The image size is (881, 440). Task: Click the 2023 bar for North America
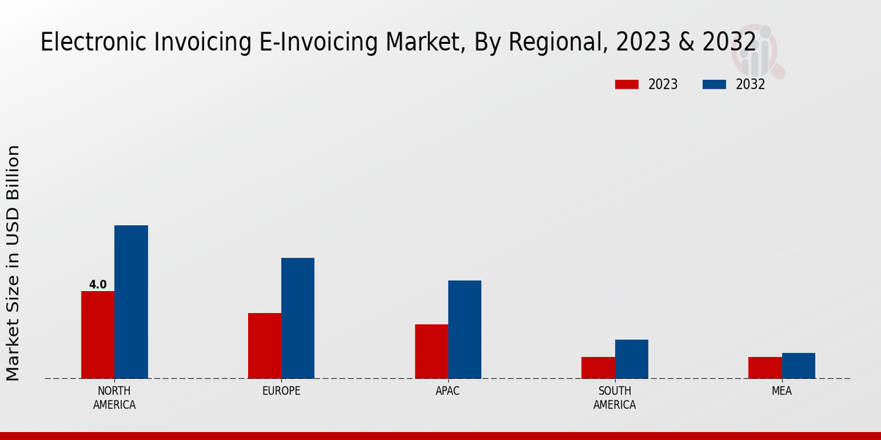pyautogui.click(x=98, y=334)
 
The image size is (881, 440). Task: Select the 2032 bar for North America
pyautogui.click(x=131, y=301)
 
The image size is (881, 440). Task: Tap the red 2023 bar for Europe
pyautogui.click(x=264, y=345)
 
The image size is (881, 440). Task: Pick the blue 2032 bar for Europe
pyautogui.click(x=297, y=318)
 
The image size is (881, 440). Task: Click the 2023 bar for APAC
pyautogui.click(x=431, y=351)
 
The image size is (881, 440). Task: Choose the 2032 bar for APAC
pyautogui.click(x=465, y=329)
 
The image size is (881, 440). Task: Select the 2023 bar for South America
pyautogui.click(x=598, y=367)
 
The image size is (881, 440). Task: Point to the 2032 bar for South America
pyautogui.click(x=631, y=359)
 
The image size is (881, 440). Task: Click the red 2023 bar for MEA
pyautogui.click(x=765, y=367)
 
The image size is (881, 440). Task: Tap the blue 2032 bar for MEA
pyautogui.click(x=798, y=365)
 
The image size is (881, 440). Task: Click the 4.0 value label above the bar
pyautogui.click(x=98, y=285)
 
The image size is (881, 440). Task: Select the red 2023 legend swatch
pyautogui.click(x=627, y=84)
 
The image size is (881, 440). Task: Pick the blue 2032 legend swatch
pyautogui.click(x=714, y=84)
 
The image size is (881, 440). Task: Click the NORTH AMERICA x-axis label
pyautogui.click(x=115, y=397)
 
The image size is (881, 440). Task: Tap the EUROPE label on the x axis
pyautogui.click(x=281, y=391)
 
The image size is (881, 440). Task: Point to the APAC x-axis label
pyautogui.click(x=448, y=391)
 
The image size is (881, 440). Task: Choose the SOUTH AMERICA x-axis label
pyautogui.click(x=614, y=397)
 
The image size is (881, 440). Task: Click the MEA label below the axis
pyautogui.click(x=781, y=391)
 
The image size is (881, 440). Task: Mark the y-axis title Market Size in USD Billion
pyautogui.click(x=13, y=263)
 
